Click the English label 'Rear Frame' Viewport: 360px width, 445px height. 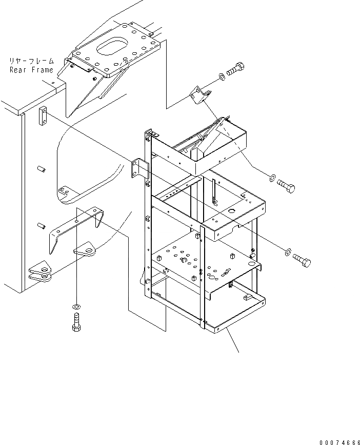click(x=31, y=69)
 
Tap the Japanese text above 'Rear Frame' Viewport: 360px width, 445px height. click(x=31, y=60)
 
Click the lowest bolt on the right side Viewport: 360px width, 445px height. click(x=302, y=260)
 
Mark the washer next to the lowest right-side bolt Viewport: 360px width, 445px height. click(x=288, y=252)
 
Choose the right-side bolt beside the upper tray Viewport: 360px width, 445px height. click(x=286, y=186)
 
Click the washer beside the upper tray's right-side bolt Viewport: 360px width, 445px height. click(x=271, y=178)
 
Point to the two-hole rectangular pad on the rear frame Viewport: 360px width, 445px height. click(x=43, y=116)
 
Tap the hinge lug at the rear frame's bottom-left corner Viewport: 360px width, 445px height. click(x=41, y=272)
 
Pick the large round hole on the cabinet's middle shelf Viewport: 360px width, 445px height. click(x=232, y=211)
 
